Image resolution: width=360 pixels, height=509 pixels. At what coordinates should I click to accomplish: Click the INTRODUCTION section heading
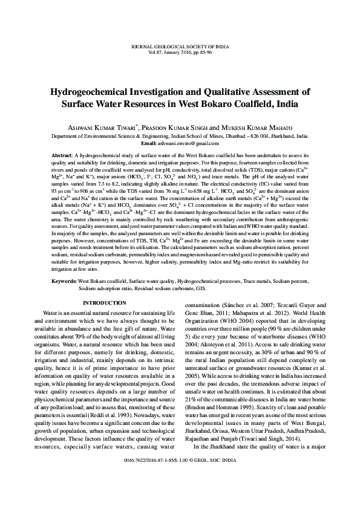coord(104,302)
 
